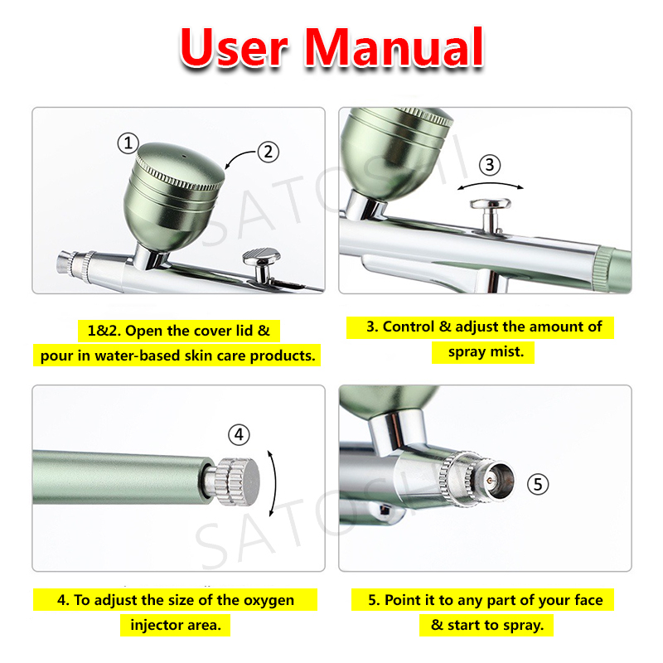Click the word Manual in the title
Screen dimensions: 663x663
click(x=394, y=47)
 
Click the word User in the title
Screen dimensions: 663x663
click(x=235, y=47)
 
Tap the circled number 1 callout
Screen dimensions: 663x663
click(x=128, y=143)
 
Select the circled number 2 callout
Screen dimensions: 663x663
click(x=268, y=152)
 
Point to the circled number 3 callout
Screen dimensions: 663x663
click(x=490, y=164)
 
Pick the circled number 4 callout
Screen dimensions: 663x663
click(x=239, y=434)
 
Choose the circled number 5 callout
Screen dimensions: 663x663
click(x=538, y=484)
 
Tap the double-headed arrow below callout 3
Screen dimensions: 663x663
click(x=491, y=184)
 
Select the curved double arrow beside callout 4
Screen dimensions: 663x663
click(x=275, y=483)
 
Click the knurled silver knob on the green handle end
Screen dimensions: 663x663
click(x=237, y=482)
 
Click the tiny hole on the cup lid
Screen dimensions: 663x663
click(x=184, y=156)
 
